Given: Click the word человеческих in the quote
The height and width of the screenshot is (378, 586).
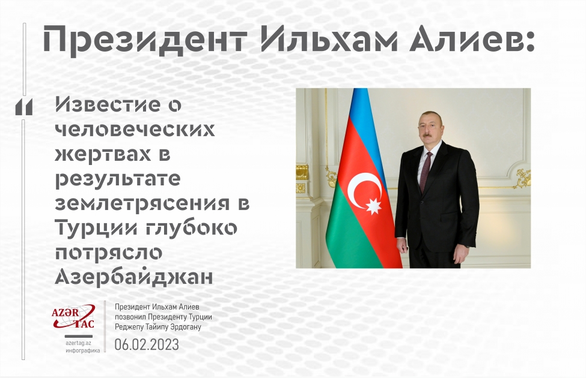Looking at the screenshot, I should [x=135, y=130].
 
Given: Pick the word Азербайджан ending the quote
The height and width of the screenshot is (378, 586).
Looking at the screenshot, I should [x=133, y=278].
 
